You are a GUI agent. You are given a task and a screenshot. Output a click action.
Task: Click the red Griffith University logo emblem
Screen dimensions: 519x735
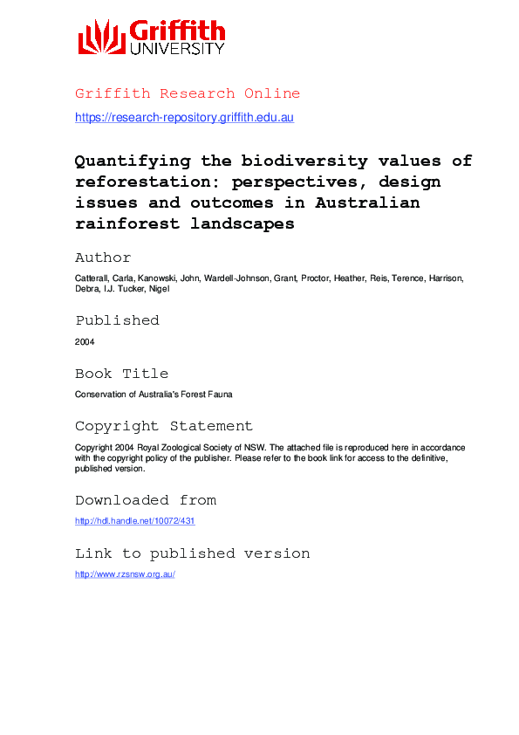[x=102, y=38]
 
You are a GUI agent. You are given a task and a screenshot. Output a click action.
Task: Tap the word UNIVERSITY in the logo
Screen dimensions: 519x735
[x=177, y=50]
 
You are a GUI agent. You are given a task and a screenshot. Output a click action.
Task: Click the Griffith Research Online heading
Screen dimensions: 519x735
[x=188, y=93]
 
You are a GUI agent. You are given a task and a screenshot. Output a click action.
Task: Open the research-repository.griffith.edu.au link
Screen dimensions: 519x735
[x=184, y=117]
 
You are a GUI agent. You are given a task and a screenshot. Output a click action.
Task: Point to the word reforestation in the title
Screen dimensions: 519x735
[x=140, y=182]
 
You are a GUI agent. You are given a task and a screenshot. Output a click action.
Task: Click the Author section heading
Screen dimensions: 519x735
[x=103, y=258]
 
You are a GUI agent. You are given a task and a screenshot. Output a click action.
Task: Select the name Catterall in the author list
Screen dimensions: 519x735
[x=92, y=278]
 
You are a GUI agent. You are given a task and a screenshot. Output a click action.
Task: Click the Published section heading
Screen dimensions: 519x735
[x=117, y=320]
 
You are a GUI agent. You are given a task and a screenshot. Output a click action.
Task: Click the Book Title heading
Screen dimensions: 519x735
[x=121, y=374]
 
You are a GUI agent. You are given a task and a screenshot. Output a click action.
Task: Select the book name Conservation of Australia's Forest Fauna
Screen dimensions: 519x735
[x=154, y=395]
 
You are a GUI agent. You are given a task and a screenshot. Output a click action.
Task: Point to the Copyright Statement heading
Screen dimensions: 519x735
[x=163, y=426]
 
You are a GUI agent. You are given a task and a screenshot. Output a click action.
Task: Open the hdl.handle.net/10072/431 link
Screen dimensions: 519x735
[x=134, y=521]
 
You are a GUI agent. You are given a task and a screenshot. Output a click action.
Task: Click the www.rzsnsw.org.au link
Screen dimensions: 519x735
[x=126, y=574]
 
